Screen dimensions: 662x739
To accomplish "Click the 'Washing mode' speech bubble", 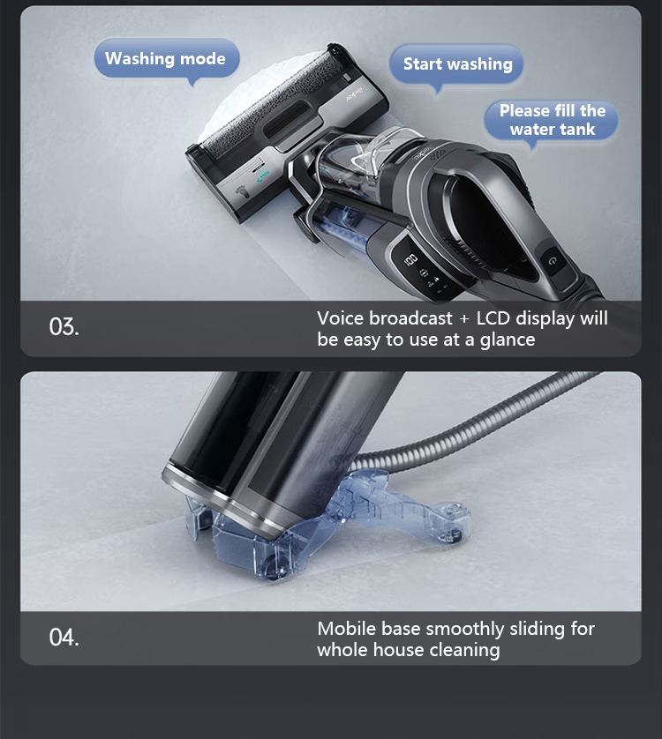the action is pyautogui.click(x=166, y=59).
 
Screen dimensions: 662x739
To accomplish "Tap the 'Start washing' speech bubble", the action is pyautogui.click(x=456, y=64).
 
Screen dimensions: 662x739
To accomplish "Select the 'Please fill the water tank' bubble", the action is pyautogui.click(x=552, y=121).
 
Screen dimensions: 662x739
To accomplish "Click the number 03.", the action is pyautogui.click(x=64, y=326).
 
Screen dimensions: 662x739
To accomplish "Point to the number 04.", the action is pyautogui.click(x=64, y=638).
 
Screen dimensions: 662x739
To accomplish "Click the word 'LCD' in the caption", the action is pyautogui.click(x=493, y=318).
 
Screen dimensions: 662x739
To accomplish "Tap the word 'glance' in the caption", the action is pyautogui.click(x=508, y=340).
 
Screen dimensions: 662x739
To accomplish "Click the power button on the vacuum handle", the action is pyautogui.click(x=553, y=261).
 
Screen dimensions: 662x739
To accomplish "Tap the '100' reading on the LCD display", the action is pyautogui.click(x=410, y=259).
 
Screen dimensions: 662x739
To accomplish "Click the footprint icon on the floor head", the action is pyautogui.click(x=241, y=191).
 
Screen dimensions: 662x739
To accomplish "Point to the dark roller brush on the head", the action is pyautogui.click(x=274, y=101).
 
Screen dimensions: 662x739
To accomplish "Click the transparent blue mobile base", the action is pyautogui.click(x=326, y=526).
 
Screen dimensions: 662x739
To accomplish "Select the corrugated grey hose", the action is pyautogui.click(x=477, y=422).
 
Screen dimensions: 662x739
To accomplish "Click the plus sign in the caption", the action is pyautogui.click(x=464, y=319).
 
